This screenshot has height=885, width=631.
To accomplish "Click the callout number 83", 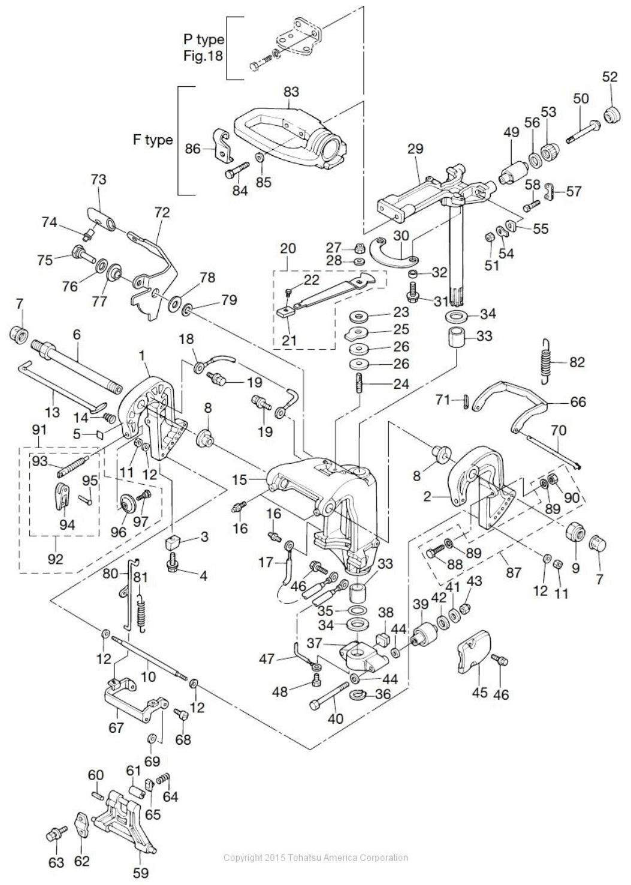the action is pyautogui.click(x=291, y=92).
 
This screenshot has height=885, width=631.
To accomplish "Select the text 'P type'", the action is pyautogui.click(x=204, y=39).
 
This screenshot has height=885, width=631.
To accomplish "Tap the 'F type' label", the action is pyautogui.click(x=153, y=140).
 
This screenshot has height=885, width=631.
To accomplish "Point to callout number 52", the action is pyautogui.click(x=609, y=77).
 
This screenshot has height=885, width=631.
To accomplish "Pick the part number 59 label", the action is pyautogui.click(x=141, y=872).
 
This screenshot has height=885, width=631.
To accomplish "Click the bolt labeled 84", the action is pyautogui.click(x=236, y=169).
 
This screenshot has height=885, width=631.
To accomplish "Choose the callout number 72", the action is pyautogui.click(x=162, y=213).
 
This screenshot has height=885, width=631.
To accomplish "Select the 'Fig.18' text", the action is pyautogui.click(x=203, y=56).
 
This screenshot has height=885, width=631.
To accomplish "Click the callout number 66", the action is pyautogui.click(x=578, y=402).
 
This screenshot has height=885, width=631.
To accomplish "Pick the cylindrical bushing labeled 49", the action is pyautogui.click(x=514, y=173).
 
